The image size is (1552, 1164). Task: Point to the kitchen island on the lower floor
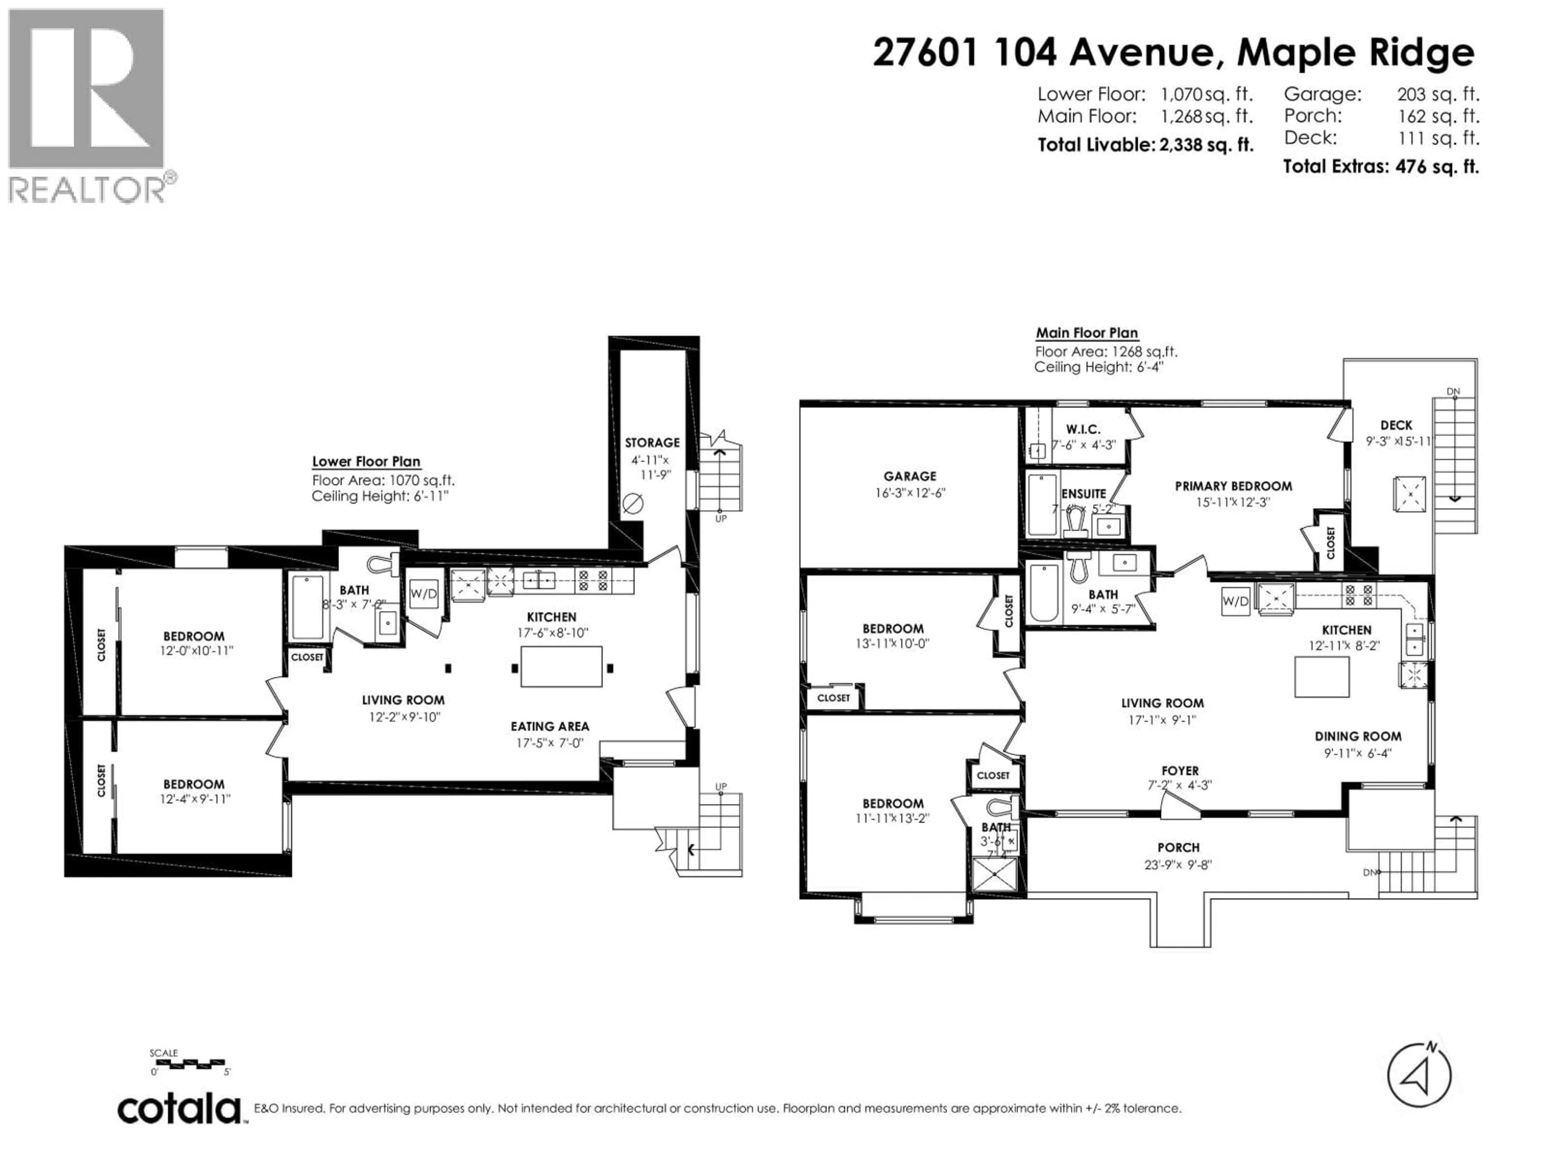pyautogui.click(x=561, y=666)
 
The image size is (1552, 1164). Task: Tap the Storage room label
pyautogui.click(x=652, y=443)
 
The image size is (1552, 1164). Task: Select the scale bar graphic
pyautogui.click(x=188, y=1064)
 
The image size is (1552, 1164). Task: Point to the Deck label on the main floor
pyautogui.click(x=1396, y=425)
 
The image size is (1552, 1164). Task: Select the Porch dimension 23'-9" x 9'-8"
pyautogui.click(x=1178, y=865)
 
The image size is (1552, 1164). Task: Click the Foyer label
pyautogui.click(x=1179, y=770)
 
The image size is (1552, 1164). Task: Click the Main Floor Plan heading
pyautogui.click(x=1087, y=333)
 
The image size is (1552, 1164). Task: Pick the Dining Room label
pyautogui.click(x=1358, y=736)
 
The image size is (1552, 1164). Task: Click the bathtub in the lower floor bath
pyautogui.click(x=307, y=607)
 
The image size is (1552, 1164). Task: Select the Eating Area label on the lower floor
pyautogui.click(x=549, y=726)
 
